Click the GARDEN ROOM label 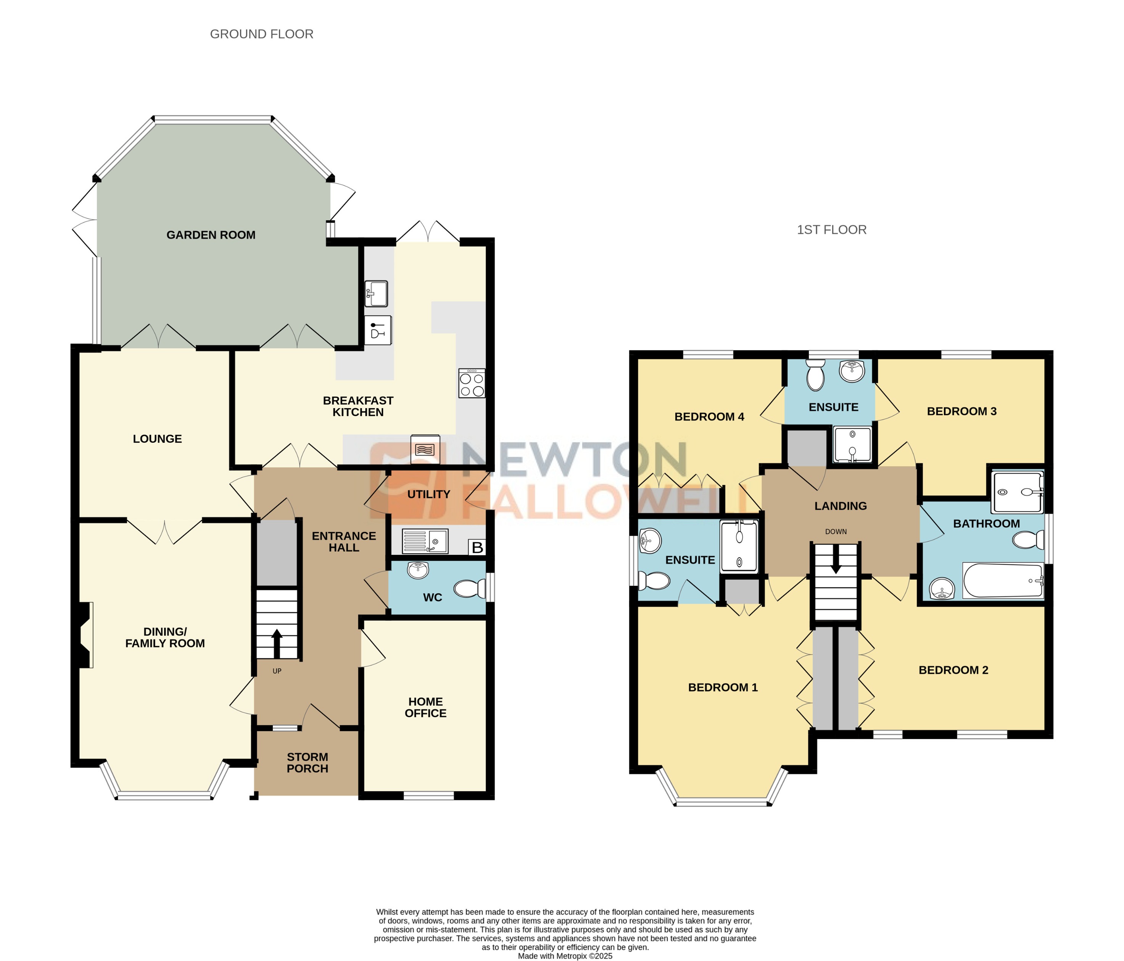[x=211, y=235]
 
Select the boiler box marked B [x=477, y=547]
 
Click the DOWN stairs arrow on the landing [x=836, y=559]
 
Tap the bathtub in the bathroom [x=1003, y=581]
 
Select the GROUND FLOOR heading [x=261, y=34]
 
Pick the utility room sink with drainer [x=425, y=541]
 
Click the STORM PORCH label [x=307, y=763]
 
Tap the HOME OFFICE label [x=425, y=707]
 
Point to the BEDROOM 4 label [x=709, y=416]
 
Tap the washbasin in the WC [x=418, y=569]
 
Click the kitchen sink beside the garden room [x=376, y=293]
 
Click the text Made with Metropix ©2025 [x=565, y=956]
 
